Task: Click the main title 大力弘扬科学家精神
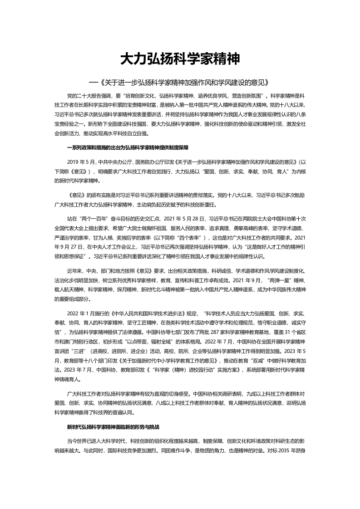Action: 180,59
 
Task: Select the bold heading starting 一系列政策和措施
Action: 127,148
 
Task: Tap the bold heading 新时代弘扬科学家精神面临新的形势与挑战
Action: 113,427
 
